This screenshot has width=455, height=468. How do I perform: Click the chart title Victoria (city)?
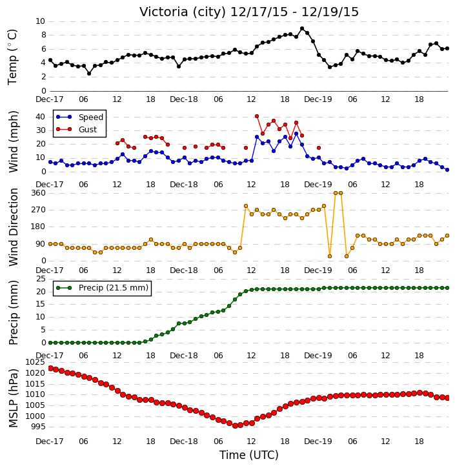click(183, 12)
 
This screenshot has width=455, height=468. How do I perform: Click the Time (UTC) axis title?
click(249, 455)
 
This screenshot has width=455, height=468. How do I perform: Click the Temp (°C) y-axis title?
click(12, 57)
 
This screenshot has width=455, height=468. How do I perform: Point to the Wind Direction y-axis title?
click(13, 227)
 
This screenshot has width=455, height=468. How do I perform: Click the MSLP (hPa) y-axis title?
click(13, 398)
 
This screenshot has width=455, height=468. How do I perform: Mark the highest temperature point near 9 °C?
click(302, 28)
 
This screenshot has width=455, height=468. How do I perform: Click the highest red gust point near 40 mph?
click(257, 116)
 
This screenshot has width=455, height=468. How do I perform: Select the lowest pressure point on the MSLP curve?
click(235, 425)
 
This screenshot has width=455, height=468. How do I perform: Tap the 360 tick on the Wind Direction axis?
click(39, 193)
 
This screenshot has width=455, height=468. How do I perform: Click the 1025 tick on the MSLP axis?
click(35, 362)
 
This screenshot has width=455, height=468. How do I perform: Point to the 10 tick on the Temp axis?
click(40, 21)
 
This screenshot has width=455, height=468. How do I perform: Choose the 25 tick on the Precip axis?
click(41, 279)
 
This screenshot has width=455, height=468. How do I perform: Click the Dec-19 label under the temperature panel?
click(318, 99)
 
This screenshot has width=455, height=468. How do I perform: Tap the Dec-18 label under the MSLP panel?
click(183, 442)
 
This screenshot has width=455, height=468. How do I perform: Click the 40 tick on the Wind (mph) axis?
click(41, 117)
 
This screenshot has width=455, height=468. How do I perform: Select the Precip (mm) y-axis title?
click(13, 313)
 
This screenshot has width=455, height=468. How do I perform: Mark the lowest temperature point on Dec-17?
click(89, 74)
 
